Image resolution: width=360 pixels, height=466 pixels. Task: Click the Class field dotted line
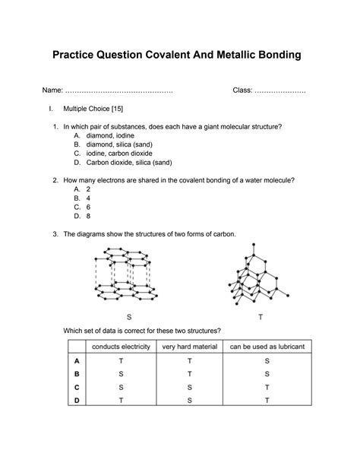[x=280, y=91]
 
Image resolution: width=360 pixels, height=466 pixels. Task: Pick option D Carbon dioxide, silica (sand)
[x=128, y=162]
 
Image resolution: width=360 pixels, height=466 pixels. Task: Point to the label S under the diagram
[x=129, y=315]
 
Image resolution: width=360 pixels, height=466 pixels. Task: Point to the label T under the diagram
[x=261, y=315]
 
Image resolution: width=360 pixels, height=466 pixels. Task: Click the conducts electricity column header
[x=122, y=347]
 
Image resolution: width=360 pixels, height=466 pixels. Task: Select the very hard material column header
[x=190, y=347]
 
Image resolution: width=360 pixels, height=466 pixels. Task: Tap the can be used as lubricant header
[x=267, y=347]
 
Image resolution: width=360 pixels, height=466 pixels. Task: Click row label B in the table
[x=77, y=374]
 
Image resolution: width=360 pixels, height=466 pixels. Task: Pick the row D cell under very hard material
[x=190, y=400]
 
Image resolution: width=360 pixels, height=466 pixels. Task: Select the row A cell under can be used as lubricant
[x=267, y=361]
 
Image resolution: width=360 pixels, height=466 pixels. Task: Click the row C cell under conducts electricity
[x=122, y=387]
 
